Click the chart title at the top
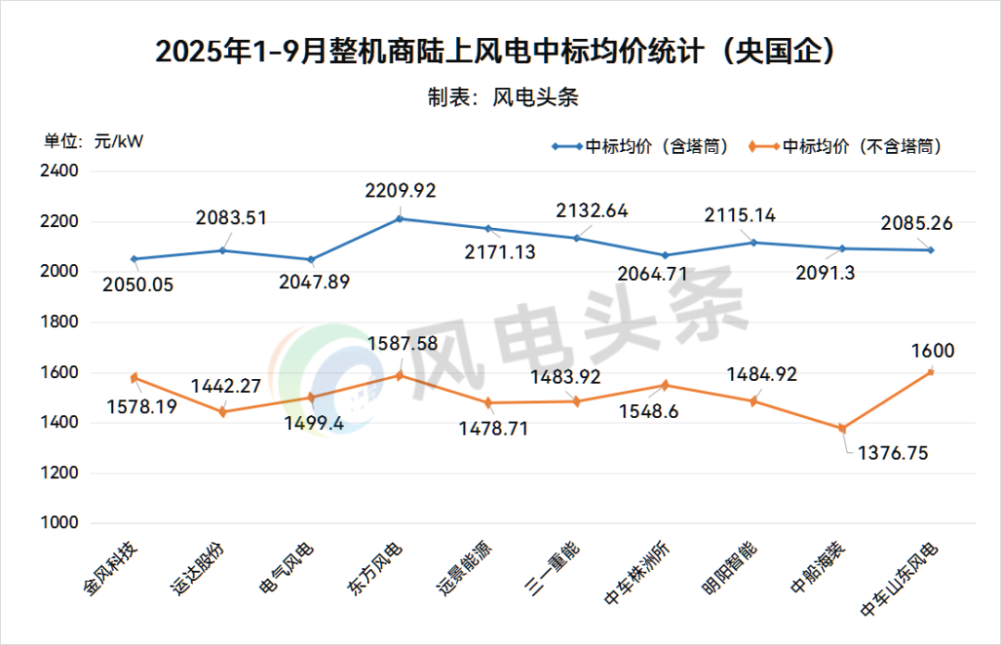tap(500, 51)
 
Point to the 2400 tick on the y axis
tap(60, 171)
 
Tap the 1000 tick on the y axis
tap(60, 523)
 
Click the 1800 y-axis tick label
tap(60, 322)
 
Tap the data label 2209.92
tap(400, 191)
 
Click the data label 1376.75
tap(893, 453)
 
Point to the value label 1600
tap(932, 351)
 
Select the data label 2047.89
tap(315, 282)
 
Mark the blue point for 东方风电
tap(400, 219)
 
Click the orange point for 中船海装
tap(843, 428)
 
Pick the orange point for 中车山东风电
tap(931, 372)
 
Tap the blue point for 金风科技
tap(134, 259)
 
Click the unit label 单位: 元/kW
tap(94, 142)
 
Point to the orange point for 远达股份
tap(222, 412)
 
